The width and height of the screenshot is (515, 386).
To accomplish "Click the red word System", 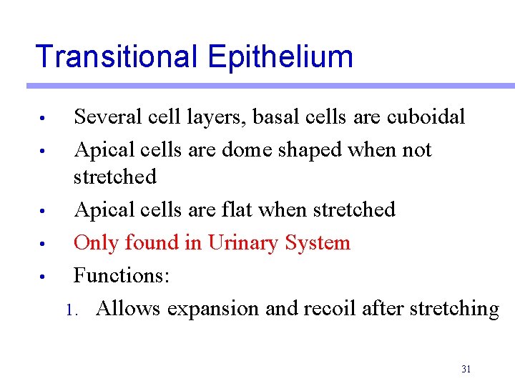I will (318, 243).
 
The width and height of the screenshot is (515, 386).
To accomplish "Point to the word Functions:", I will (121, 276).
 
